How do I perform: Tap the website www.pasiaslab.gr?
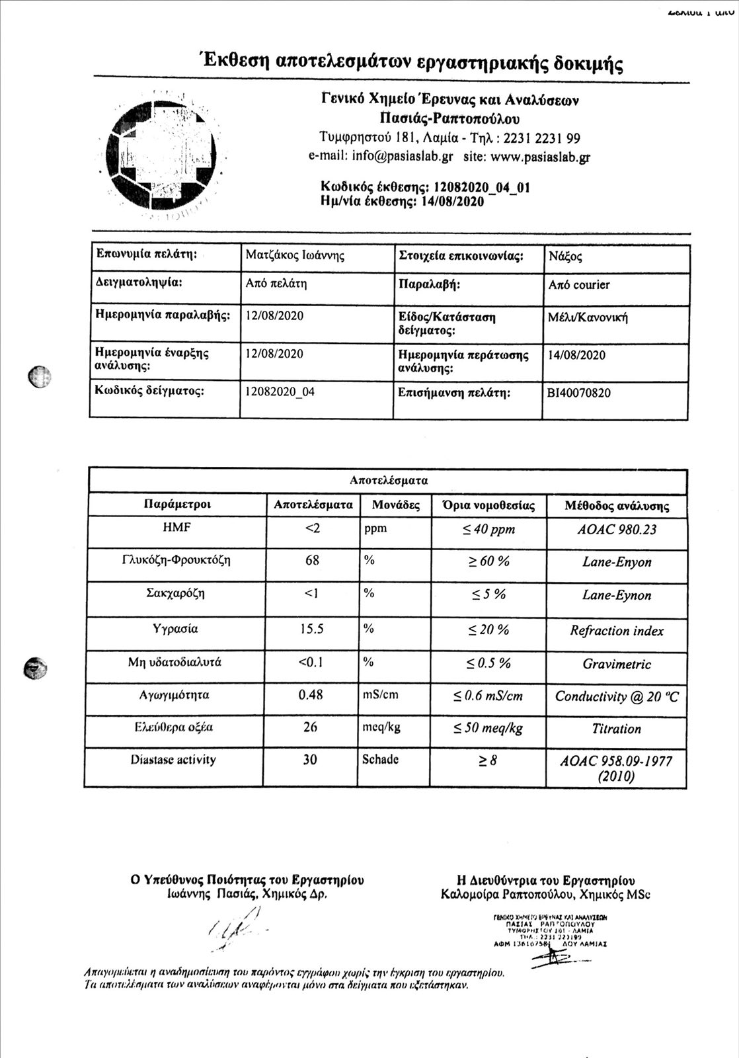[541, 157]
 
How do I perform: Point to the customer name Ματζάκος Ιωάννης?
[295, 255]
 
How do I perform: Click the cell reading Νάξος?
[565, 257]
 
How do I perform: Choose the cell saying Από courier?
[579, 285]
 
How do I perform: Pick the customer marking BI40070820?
[579, 393]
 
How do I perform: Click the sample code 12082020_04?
[280, 391]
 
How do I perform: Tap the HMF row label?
[176, 528]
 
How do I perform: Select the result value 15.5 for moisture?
[311, 629]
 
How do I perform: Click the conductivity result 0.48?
[311, 695]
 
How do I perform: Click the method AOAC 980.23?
[617, 530]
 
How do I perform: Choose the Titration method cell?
[616, 729]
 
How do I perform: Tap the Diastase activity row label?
[173, 760]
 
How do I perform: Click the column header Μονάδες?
[395, 505]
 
